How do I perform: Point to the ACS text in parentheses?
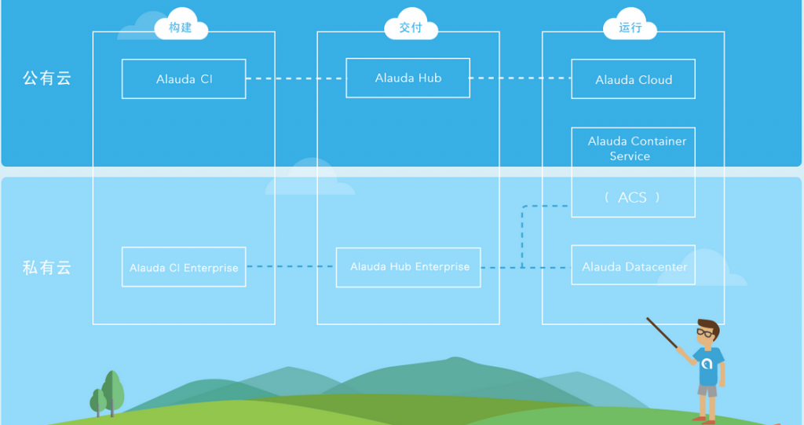632,198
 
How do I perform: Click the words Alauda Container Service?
636,148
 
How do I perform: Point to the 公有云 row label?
46,78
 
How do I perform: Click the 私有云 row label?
46,267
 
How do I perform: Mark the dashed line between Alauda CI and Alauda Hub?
296,79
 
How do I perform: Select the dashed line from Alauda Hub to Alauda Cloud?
521,78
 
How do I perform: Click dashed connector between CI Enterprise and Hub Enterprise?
291,266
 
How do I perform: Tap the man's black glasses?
704,332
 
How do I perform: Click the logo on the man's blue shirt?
707,364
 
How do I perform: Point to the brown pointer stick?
662,333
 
